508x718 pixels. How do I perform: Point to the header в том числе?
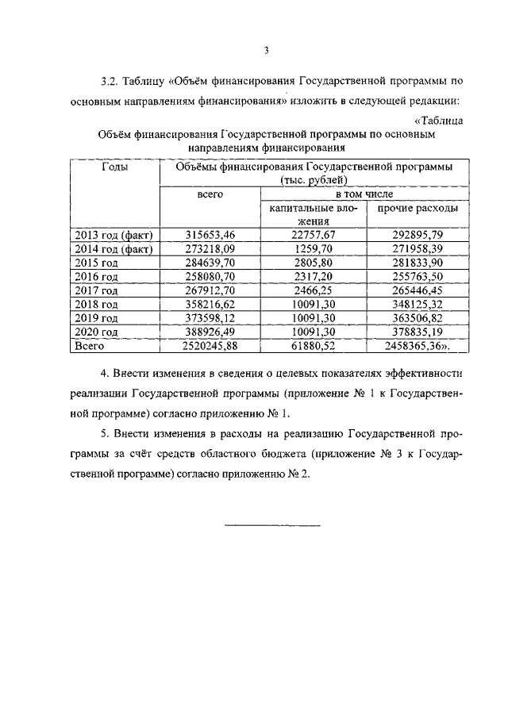point(364,194)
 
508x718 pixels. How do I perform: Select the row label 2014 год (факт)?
point(114,249)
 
